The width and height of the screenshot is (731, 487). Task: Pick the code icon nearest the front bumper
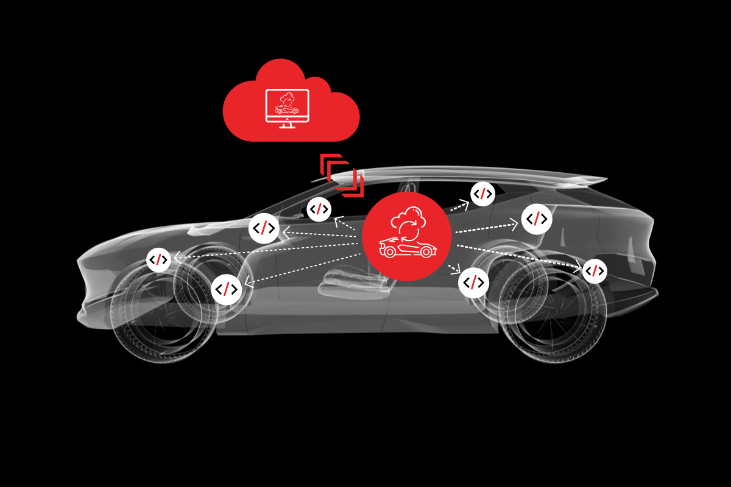pos(159,260)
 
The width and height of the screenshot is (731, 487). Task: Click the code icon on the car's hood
pos(264,228)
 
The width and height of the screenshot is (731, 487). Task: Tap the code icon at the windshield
pos(319,209)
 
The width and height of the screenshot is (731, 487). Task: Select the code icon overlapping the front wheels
pos(227,289)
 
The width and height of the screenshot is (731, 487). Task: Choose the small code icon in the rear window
pos(483,194)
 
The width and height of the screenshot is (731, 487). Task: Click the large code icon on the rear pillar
pos(537,219)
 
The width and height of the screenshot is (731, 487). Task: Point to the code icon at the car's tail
pos(595,271)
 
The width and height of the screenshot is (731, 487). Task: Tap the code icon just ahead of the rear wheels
pos(473,282)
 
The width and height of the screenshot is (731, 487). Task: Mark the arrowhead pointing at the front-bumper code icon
pos(177,258)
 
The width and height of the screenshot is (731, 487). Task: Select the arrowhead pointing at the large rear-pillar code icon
pos(515,225)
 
